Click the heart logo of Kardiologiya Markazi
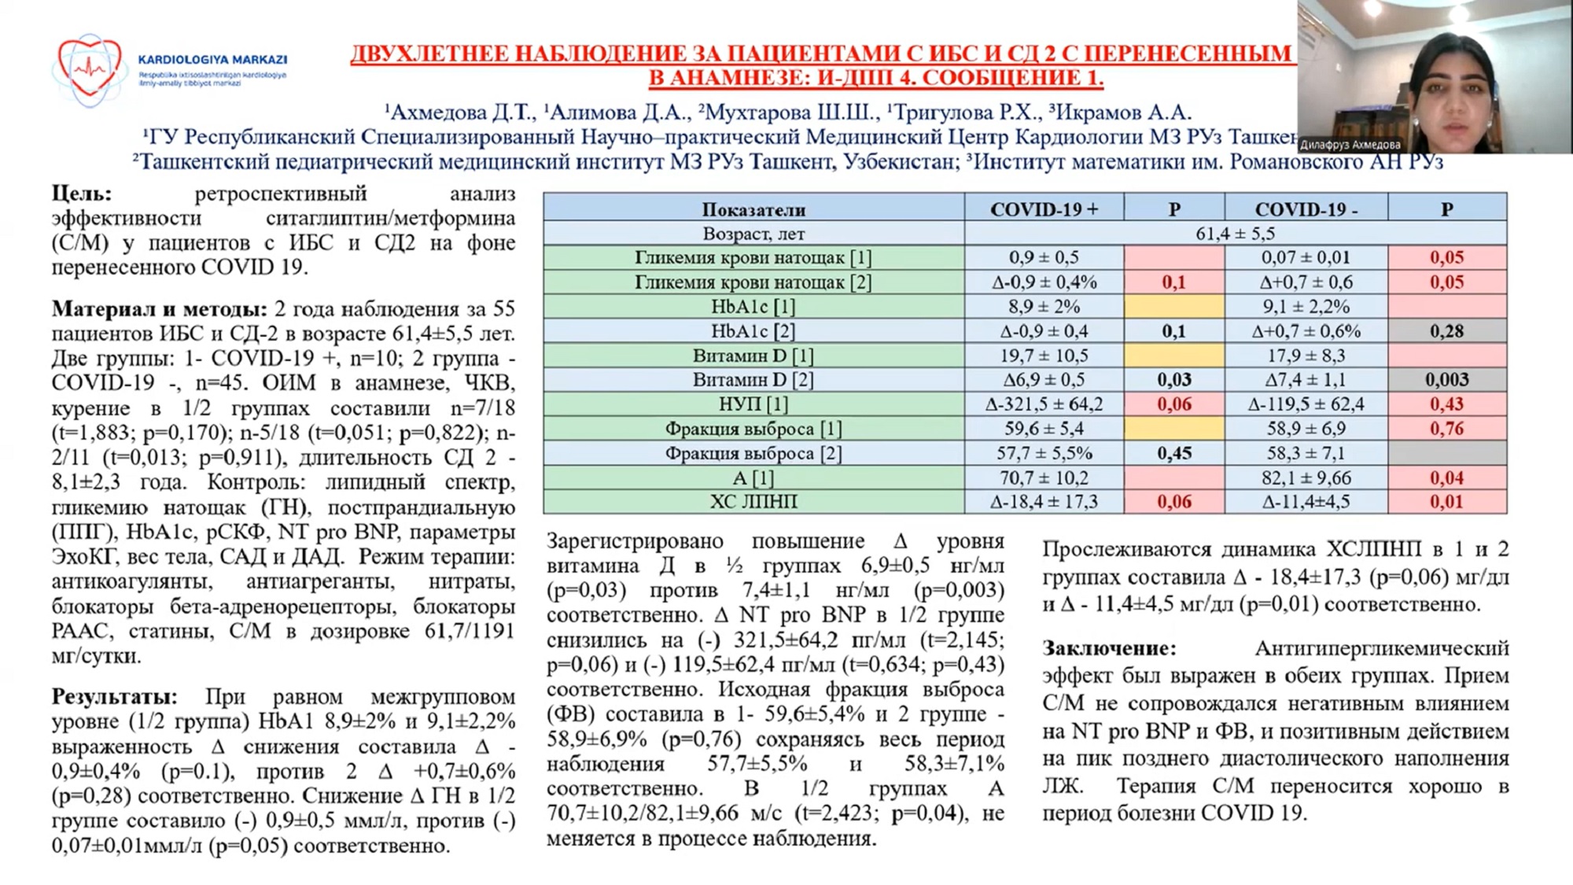coord(89,69)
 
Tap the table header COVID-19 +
coord(1044,209)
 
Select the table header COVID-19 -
coord(1306,209)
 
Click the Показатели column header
coord(753,210)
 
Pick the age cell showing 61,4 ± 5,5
coord(1235,234)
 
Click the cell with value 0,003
coord(1446,380)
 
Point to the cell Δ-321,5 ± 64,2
coord(1044,404)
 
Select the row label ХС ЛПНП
coord(753,502)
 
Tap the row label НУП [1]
coord(753,404)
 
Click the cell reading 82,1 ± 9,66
coord(1306,478)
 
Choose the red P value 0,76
coord(1446,429)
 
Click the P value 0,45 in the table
coord(1173,453)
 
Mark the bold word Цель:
coord(82,194)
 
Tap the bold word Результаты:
coord(115,697)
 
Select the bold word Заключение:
coord(1109,649)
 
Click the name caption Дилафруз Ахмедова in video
coord(1350,145)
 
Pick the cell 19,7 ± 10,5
coord(1044,356)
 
